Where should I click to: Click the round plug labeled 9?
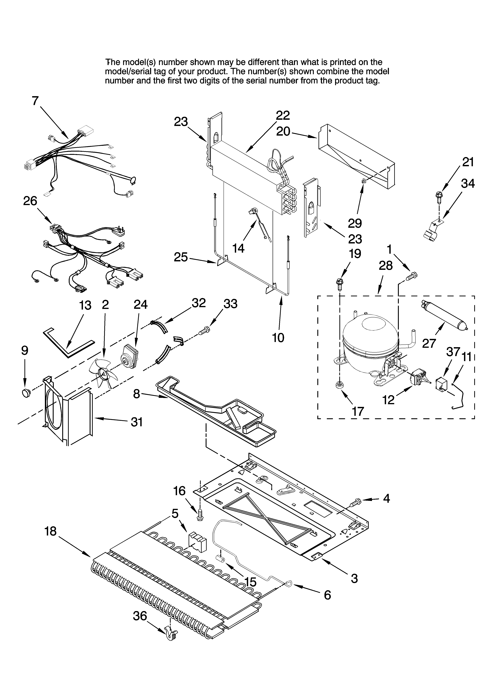(x=27, y=393)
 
